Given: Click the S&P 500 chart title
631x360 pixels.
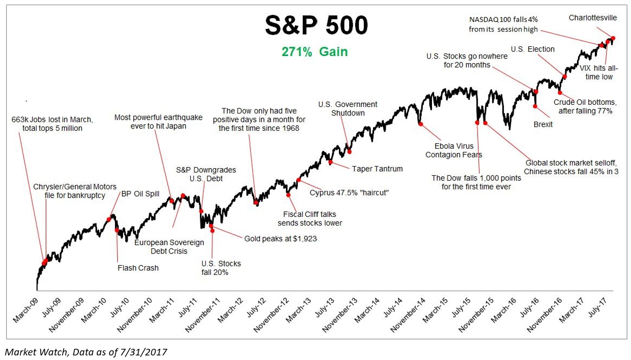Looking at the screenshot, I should point(315,25).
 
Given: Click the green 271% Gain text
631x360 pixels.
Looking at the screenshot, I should point(315,52).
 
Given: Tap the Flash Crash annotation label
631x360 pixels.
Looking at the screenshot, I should point(138,268).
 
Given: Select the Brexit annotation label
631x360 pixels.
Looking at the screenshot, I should point(542,124).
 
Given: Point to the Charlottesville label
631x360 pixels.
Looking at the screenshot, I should point(593,18).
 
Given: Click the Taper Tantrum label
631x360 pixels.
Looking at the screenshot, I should point(377,169).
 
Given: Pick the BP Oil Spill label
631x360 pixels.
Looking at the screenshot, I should point(140,193).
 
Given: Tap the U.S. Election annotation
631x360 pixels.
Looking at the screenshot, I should point(532,49).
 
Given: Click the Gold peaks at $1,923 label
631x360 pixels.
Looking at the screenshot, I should point(280,238).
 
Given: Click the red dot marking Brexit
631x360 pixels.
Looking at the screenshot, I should point(535,106).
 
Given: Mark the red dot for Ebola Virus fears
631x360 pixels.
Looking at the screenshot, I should point(420,124).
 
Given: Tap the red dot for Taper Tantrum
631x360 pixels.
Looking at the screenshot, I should point(330,162).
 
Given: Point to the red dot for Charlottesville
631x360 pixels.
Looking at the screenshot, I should point(613,38).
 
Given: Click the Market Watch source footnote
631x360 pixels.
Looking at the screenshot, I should point(85,351).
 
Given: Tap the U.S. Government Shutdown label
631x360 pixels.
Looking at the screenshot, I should point(348,108).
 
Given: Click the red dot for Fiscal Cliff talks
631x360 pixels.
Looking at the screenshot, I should point(288,195).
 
